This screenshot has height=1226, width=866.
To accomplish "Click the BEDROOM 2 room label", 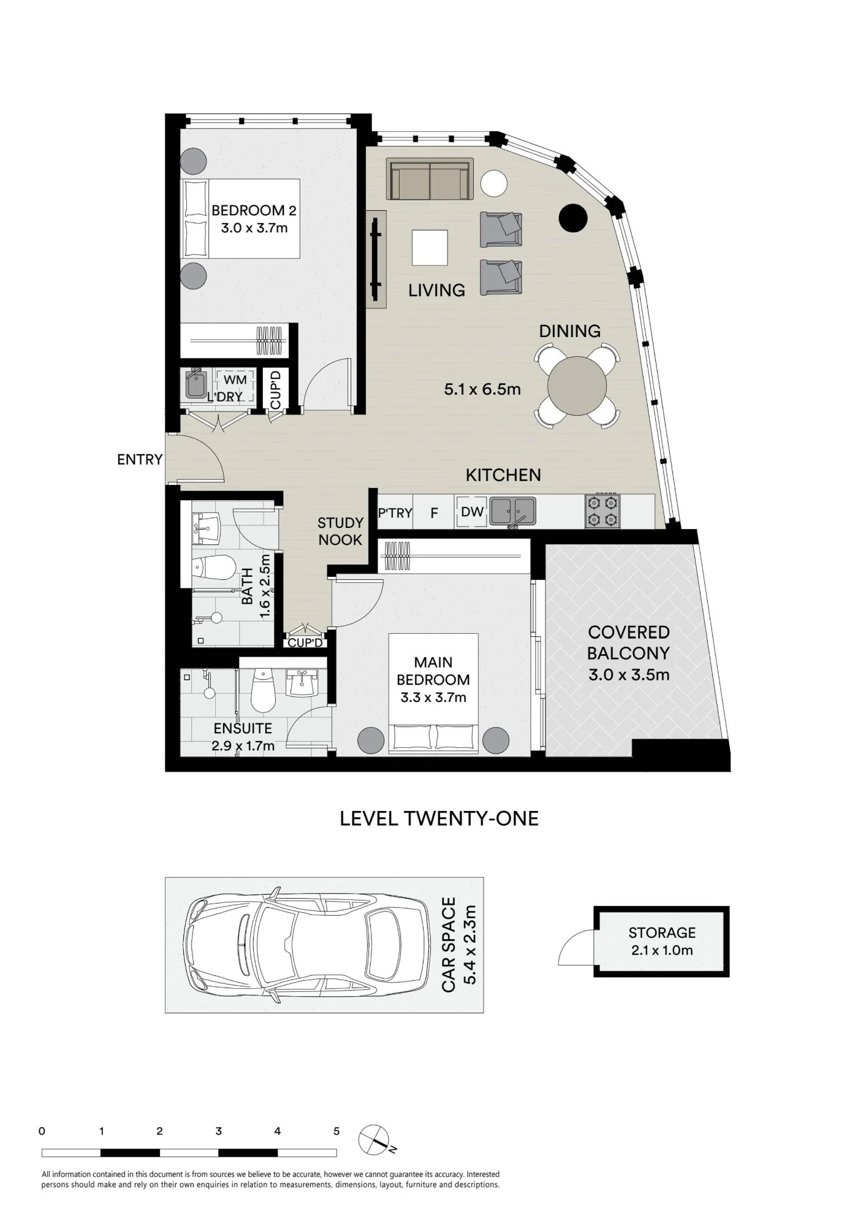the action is (254, 210).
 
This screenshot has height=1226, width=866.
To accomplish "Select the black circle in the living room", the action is (574, 218).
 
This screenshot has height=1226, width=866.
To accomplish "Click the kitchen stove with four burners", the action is (602, 511).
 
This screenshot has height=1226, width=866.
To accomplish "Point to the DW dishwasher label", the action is (472, 511).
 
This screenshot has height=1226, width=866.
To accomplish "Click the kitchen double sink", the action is (513, 512).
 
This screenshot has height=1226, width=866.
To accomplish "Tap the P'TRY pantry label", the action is (395, 513).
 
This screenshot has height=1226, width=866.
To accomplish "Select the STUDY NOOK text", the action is (340, 531).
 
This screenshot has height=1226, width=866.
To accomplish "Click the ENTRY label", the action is (140, 459).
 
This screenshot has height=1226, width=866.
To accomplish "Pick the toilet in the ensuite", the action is (264, 690).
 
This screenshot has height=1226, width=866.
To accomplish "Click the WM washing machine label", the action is (235, 380).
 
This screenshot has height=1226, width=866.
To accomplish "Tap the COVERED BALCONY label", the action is (629, 642).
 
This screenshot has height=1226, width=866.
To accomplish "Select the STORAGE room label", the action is (662, 933).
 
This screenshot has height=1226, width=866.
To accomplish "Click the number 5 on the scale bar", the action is (336, 1131).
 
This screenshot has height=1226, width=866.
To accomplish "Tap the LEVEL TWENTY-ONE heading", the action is (439, 818).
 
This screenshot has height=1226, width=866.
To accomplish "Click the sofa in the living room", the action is (430, 178).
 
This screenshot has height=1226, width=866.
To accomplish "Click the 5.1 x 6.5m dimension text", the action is (482, 389).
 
